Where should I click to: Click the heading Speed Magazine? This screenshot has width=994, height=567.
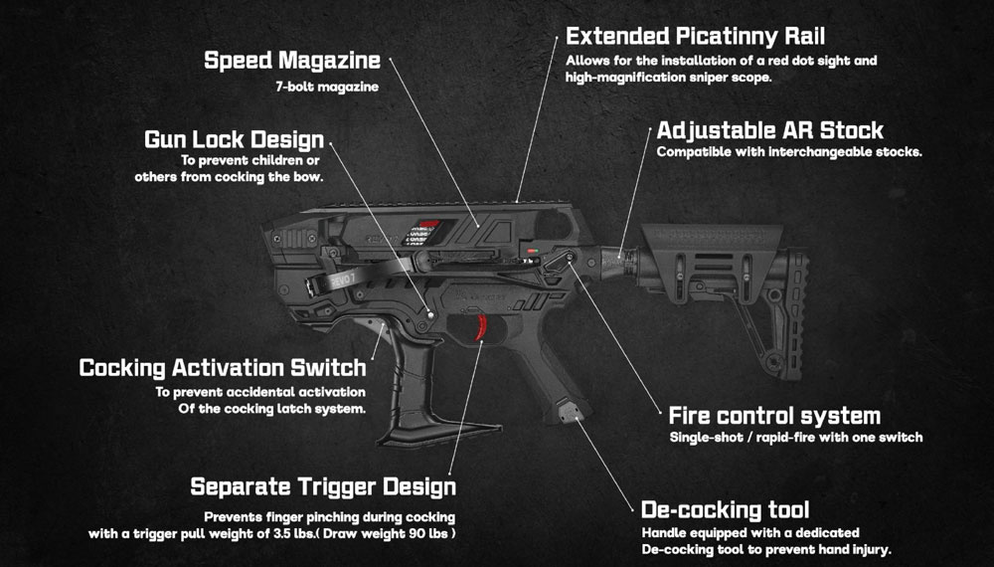point(291,60)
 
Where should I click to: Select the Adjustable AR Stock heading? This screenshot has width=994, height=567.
point(769,130)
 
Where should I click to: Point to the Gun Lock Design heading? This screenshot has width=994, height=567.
point(234,139)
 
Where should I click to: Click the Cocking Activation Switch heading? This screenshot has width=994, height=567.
point(222,367)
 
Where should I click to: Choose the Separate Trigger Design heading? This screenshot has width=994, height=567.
point(322,486)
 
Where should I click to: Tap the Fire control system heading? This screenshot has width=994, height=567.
point(774,415)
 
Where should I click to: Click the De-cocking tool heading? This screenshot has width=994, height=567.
point(725,510)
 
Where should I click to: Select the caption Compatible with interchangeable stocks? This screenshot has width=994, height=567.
point(789,152)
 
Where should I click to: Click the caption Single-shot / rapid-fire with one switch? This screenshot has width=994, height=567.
point(795,437)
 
